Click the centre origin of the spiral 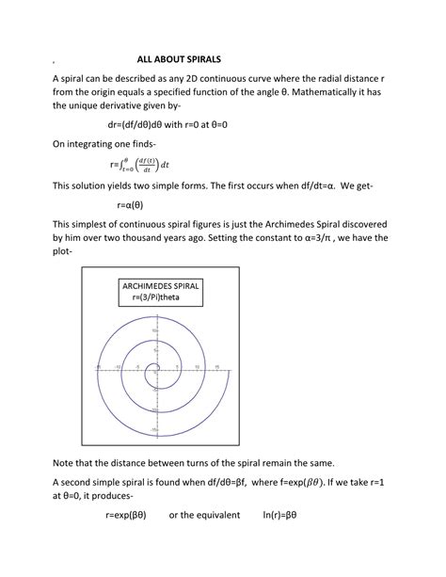(152, 368)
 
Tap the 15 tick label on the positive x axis (217, 364)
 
